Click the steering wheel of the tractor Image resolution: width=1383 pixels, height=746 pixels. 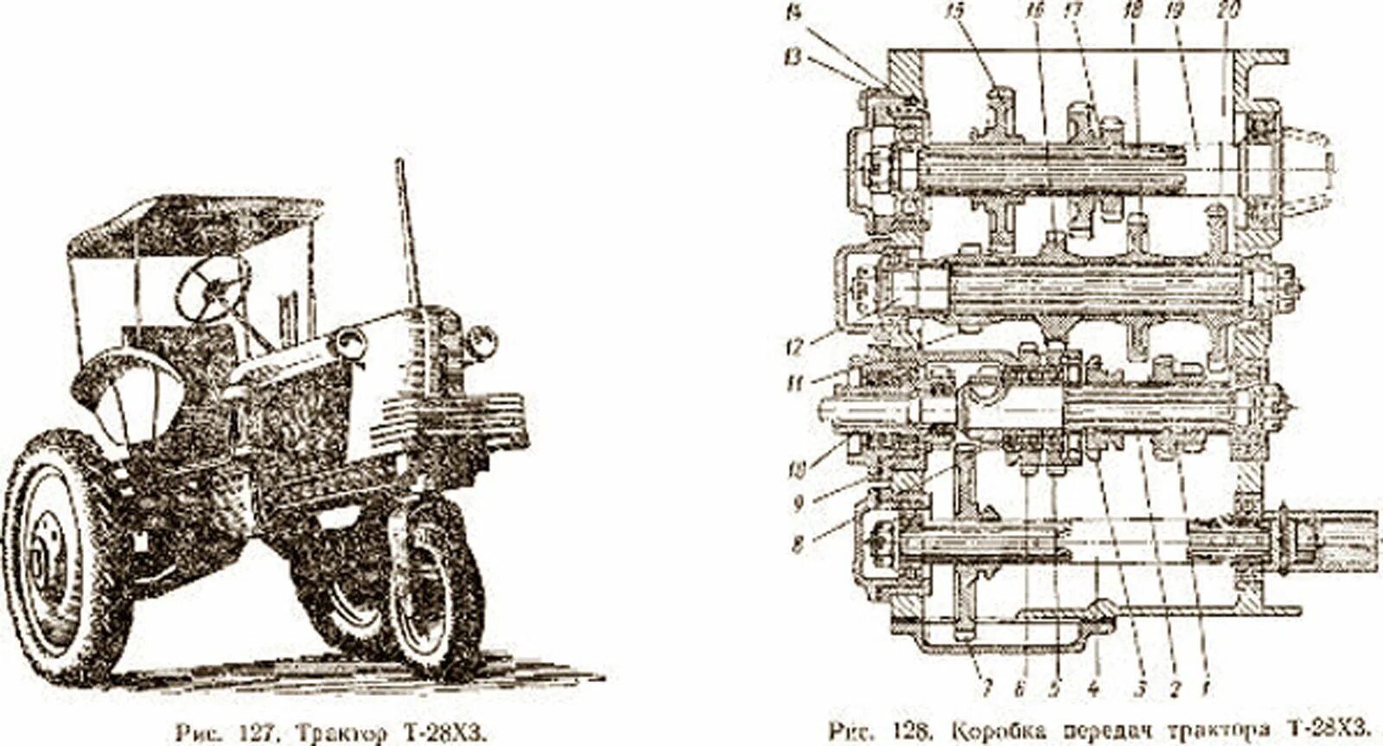coord(212,288)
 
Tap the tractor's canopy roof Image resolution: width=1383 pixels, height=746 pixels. coord(194,223)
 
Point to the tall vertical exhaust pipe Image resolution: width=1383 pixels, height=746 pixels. coord(408,233)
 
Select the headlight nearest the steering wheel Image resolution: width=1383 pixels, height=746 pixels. coord(351,343)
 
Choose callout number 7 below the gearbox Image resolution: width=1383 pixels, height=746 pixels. coord(986,689)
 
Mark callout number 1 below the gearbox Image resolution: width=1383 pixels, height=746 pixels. coord(1205,689)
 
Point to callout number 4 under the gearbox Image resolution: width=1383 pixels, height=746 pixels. coord(1093,689)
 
